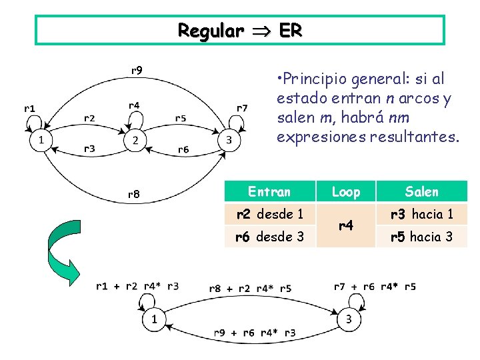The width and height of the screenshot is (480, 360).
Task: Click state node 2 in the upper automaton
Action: pyautogui.click(x=135, y=140)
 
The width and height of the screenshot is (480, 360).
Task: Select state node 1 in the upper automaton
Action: pyautogui.click(x=41, y=140)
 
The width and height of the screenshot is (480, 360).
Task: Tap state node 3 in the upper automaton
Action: pyautogui.click(x=229, y=140)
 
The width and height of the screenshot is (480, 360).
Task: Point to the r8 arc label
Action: pyautogui.click(x=133, y=195)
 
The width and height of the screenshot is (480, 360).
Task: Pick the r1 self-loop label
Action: pyautogui.click(x=30, y=107)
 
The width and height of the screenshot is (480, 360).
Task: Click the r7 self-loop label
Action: pyautogui.click(x=242, y=107)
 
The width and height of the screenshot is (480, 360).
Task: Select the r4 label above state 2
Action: pyautogui.click(x=134, y=105)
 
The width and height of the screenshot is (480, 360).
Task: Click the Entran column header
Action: pyautogui.click(x=269, y=192)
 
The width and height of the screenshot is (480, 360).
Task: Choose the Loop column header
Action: pyautogui.click(x=345, y=192)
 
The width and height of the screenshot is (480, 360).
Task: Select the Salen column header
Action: pyautogui.click(x=422, y=192)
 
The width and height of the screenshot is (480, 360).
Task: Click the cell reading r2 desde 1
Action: pyautogui.click(x=269, y=214)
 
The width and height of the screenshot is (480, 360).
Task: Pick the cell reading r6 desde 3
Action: pyautogui.click(x=269, y=236)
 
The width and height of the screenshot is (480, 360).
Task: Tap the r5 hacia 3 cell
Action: pyautogui.click(x=422, y=236)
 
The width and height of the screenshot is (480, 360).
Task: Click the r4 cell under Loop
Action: pyautogui.click(x=345, y=225)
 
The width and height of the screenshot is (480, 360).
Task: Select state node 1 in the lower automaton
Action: pyautogui.click(x=154, y=319)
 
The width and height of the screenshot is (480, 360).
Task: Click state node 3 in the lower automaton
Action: pyautogui.click(x=349, y=319)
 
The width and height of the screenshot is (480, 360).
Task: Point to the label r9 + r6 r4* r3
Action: pyautogui.click(x=255, y=333)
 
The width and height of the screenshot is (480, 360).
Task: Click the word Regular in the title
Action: pyautogui.click(x=210, y=31)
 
